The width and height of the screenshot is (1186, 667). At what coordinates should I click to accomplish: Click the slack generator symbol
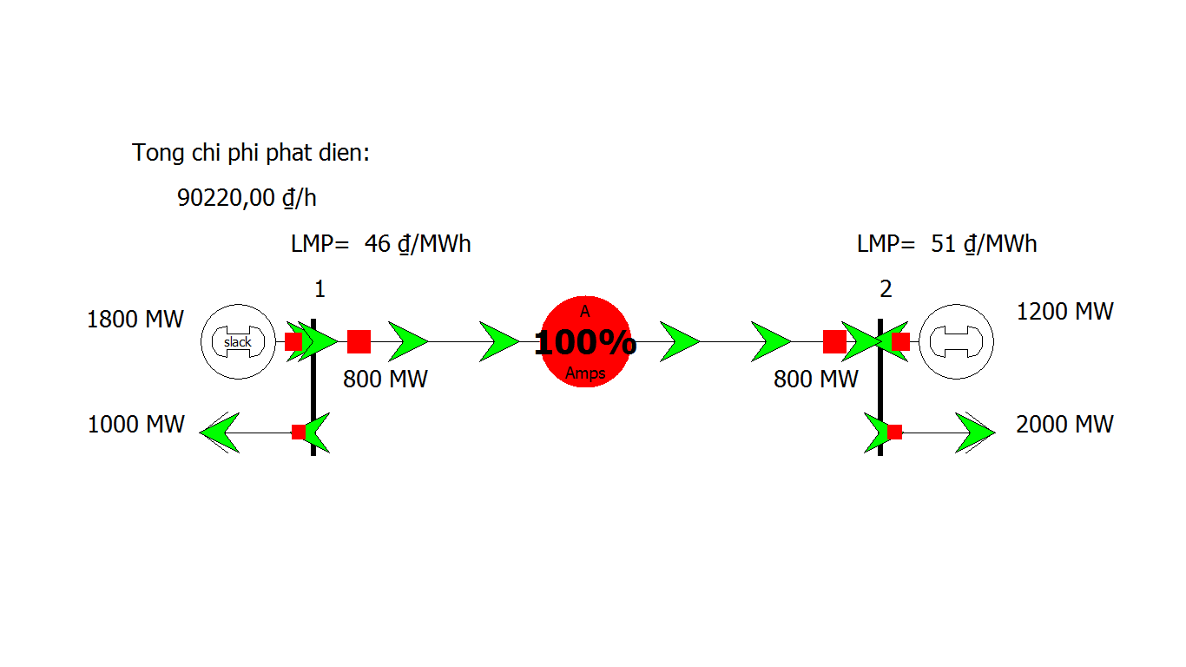(x=238, y=341)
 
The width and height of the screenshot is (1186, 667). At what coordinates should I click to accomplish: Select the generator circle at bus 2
(x=956, y=341)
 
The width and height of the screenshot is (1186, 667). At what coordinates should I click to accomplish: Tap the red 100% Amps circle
(x=585, y=341)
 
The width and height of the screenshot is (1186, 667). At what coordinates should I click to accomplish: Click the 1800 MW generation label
(x=135, y=320)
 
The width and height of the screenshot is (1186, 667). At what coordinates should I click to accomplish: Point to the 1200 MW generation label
(x=1065, y=312)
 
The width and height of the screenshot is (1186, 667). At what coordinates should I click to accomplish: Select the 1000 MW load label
(x=136, y=425)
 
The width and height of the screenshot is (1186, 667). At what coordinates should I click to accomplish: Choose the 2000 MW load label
(x=1064, y=425)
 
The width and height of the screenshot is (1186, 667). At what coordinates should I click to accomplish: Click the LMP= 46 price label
(x=380, y=244)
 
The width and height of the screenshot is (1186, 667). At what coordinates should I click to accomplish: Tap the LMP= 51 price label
(x=946, y=244)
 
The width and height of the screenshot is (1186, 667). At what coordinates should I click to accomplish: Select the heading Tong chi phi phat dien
(x=250, y=153)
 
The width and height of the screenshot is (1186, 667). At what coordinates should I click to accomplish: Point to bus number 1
(x=320, y=289)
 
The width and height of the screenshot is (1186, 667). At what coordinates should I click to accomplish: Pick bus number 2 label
(x=886, y=289)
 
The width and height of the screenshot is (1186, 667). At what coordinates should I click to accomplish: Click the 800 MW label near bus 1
(x=385, y=380)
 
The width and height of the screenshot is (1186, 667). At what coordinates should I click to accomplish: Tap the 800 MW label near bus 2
(x=816, y=380)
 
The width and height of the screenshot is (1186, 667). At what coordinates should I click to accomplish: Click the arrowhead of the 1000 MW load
(x=219, y=433)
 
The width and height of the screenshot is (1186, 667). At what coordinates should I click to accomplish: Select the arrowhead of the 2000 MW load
(x=975, y=433)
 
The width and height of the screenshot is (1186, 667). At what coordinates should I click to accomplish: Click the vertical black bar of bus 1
(x=313, y=387)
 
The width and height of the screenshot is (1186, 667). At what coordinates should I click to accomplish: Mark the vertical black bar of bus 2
(x=880, y=387)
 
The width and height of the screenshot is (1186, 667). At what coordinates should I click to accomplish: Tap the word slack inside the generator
(x=237, y=342)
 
